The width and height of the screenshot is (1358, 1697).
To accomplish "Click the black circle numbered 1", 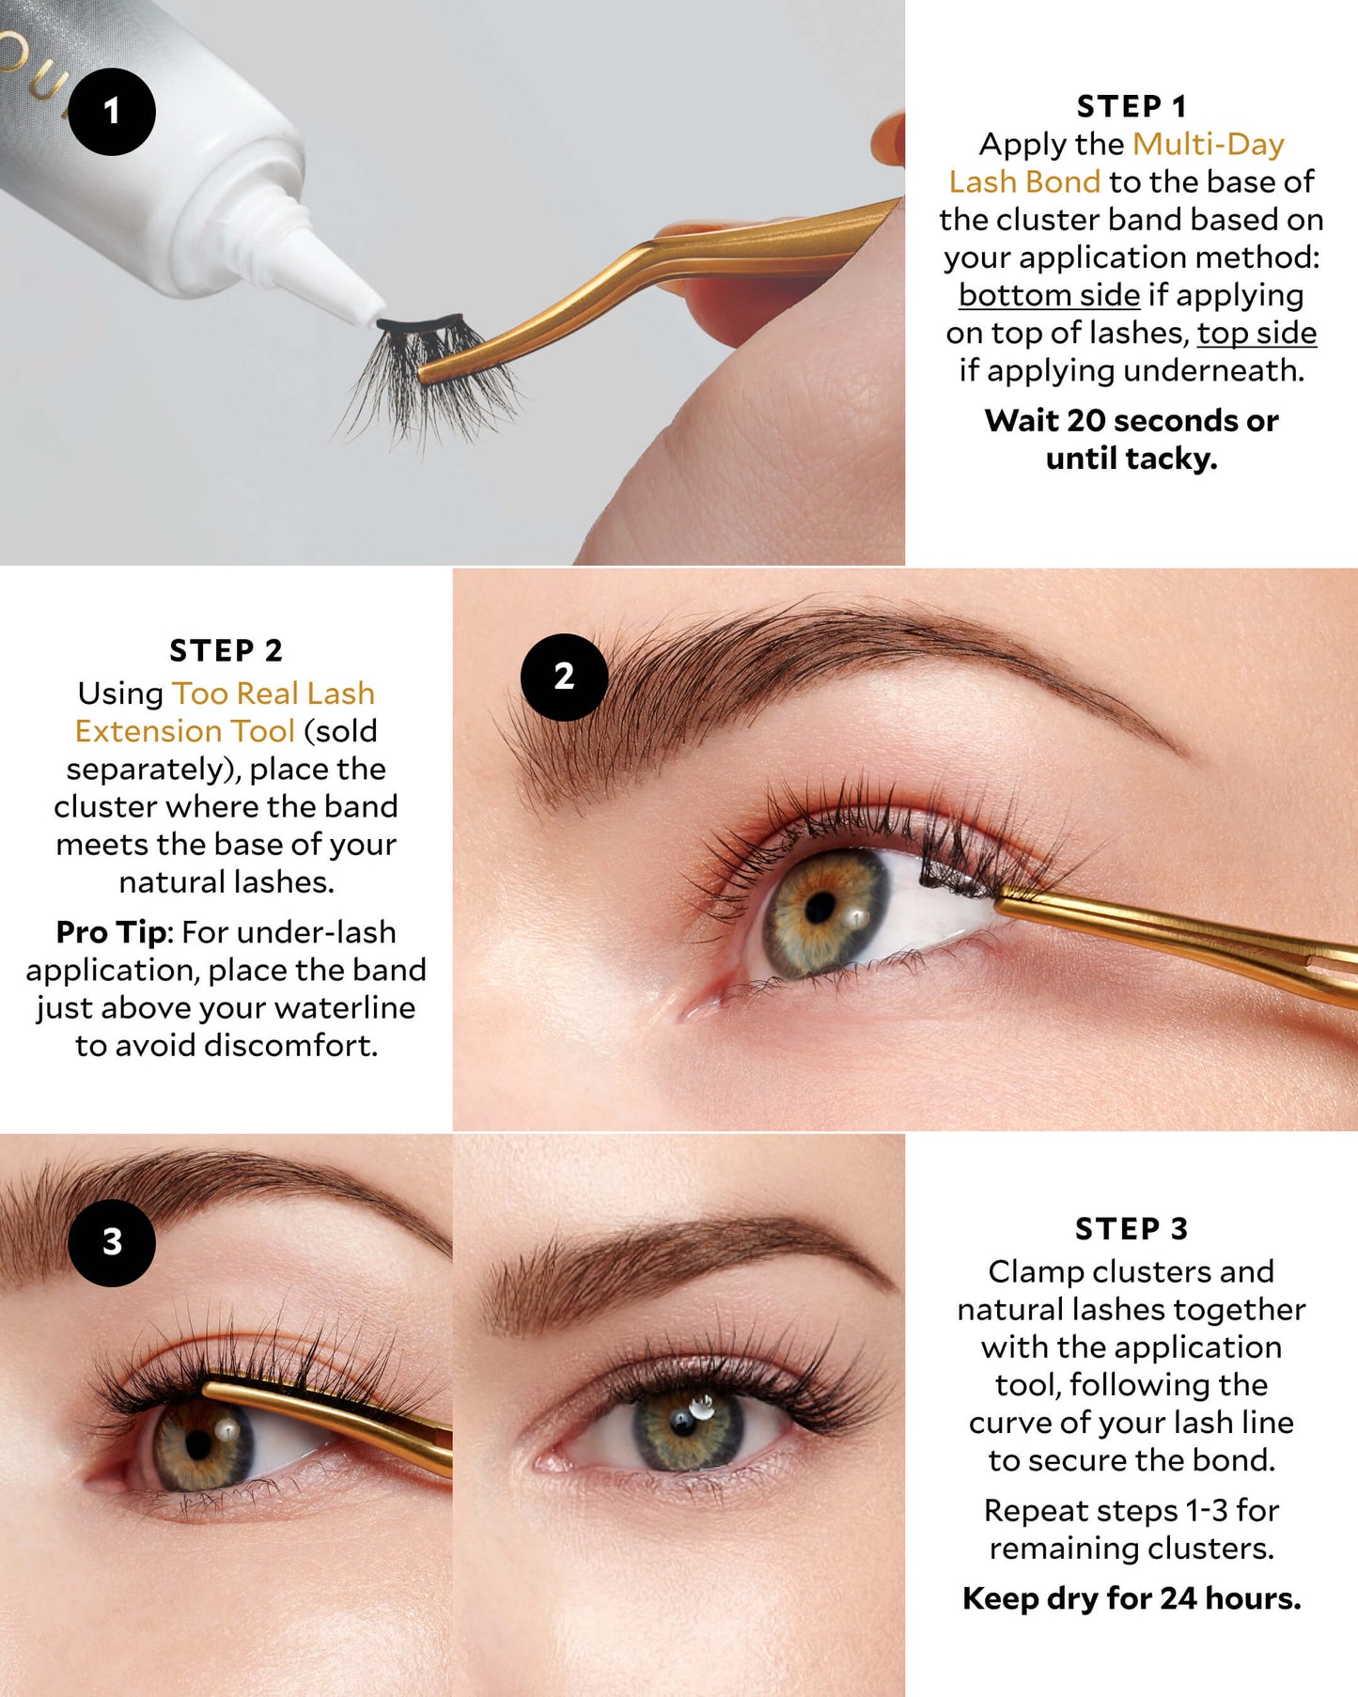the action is point(112,112).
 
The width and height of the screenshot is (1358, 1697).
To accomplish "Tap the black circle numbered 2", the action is point(564,677).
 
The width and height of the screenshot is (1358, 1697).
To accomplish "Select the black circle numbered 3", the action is point(112,1242).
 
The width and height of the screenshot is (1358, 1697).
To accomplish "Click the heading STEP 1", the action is point(1132,106).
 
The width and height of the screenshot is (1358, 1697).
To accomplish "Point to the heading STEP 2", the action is point(226,650).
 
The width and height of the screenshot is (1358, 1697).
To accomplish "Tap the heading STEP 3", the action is point(1132,1228).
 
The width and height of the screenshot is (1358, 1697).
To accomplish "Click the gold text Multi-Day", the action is point(1209,144).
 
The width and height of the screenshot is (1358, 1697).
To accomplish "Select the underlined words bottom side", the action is point(1049,295).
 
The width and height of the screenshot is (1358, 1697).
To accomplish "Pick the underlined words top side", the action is point(1257,333).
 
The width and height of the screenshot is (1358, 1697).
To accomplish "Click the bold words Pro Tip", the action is point(112,932).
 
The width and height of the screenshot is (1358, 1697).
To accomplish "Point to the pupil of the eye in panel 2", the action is point(820,907).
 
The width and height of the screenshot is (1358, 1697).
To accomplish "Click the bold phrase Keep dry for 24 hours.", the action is point(1132,1598).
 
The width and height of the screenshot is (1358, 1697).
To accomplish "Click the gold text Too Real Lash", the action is point(273,693).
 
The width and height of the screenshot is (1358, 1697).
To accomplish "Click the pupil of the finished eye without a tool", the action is point(683,1421).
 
